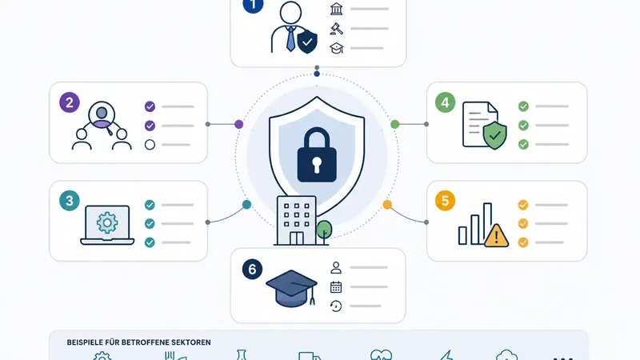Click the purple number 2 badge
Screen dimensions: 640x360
coord(70,102)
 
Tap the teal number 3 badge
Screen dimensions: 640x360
coord(70,201)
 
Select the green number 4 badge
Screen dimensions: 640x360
coord(445,102)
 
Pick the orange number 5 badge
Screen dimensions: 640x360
coord(445,201)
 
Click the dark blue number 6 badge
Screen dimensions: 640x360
coord(252,270)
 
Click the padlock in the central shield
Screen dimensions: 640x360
coord(317,154)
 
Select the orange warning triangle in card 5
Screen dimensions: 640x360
coord(496,236)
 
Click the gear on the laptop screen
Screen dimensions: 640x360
coord(107,222)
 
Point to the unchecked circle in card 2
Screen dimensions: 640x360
coord(150,145)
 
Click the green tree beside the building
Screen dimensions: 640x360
coord(324,231)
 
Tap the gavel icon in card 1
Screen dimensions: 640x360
coord(336,29)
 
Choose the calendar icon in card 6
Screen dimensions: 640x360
coord(336,287)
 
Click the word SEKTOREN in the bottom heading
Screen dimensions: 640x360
coord(191,342)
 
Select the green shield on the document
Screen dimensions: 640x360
coord(494,135)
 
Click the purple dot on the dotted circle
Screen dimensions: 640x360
coord(238,125)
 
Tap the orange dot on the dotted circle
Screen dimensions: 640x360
coord(387,205)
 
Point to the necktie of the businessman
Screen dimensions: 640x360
coord(290,38)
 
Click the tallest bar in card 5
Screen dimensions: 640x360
coord(487,223)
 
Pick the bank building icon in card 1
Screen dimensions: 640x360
coord(336,9)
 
